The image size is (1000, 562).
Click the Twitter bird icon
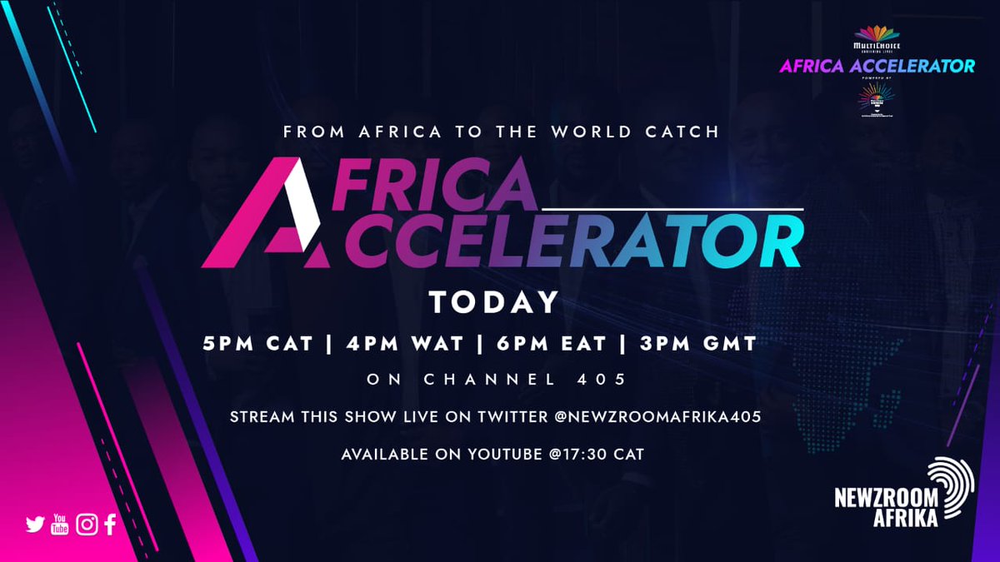pyautogui.click(x=35, y=525)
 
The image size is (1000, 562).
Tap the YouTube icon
pyautogui.click(x=60, y=524)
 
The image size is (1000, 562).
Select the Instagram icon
pyautogui.click(x=87, y=524)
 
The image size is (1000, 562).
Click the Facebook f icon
pyautogui.click(x=110, y=524)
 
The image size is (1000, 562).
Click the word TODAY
pyautogui.click(x=493, y=303)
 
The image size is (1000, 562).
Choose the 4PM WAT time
pyautogui.click(x=390, y=343)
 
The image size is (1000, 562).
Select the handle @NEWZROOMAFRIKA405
pyautogui.click(x=657, y=416)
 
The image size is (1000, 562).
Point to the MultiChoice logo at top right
pyautogui.click(x=877, y=37)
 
